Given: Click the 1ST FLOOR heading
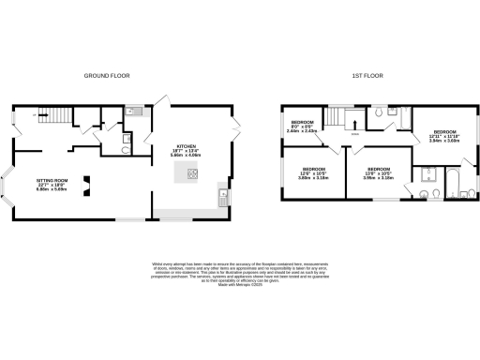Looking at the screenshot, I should coord(367,74).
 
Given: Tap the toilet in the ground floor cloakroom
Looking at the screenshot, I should coord(126,147).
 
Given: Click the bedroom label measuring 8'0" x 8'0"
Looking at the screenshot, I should coord(302,127).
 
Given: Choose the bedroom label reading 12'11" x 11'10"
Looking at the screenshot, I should coord(444,135).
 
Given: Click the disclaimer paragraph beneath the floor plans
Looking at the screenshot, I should coord(240,271).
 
